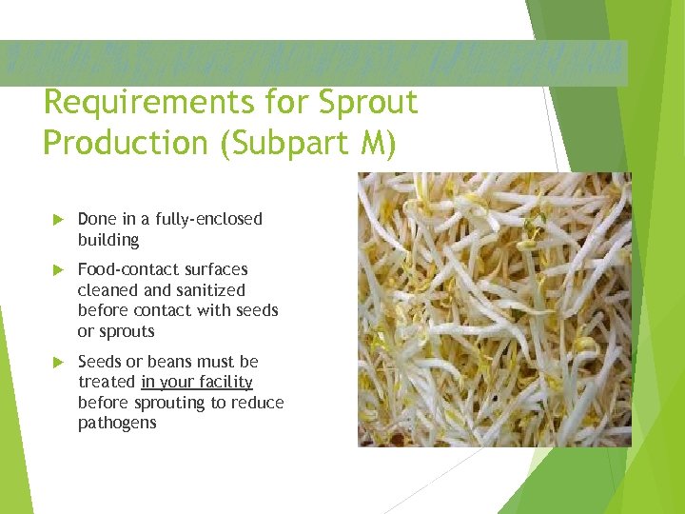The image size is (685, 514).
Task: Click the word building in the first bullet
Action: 108,240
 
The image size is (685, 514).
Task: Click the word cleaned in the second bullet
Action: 107,290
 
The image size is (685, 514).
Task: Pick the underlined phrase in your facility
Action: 197,383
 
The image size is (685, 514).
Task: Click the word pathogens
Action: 117,424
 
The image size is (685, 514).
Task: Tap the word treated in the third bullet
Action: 107,383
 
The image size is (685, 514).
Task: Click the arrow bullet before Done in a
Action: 55,220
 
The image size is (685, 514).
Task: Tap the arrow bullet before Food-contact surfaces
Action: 55,270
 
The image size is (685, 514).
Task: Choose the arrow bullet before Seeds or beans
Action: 55,363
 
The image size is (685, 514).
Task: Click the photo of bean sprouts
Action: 494,309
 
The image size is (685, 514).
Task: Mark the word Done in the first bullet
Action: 96,219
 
